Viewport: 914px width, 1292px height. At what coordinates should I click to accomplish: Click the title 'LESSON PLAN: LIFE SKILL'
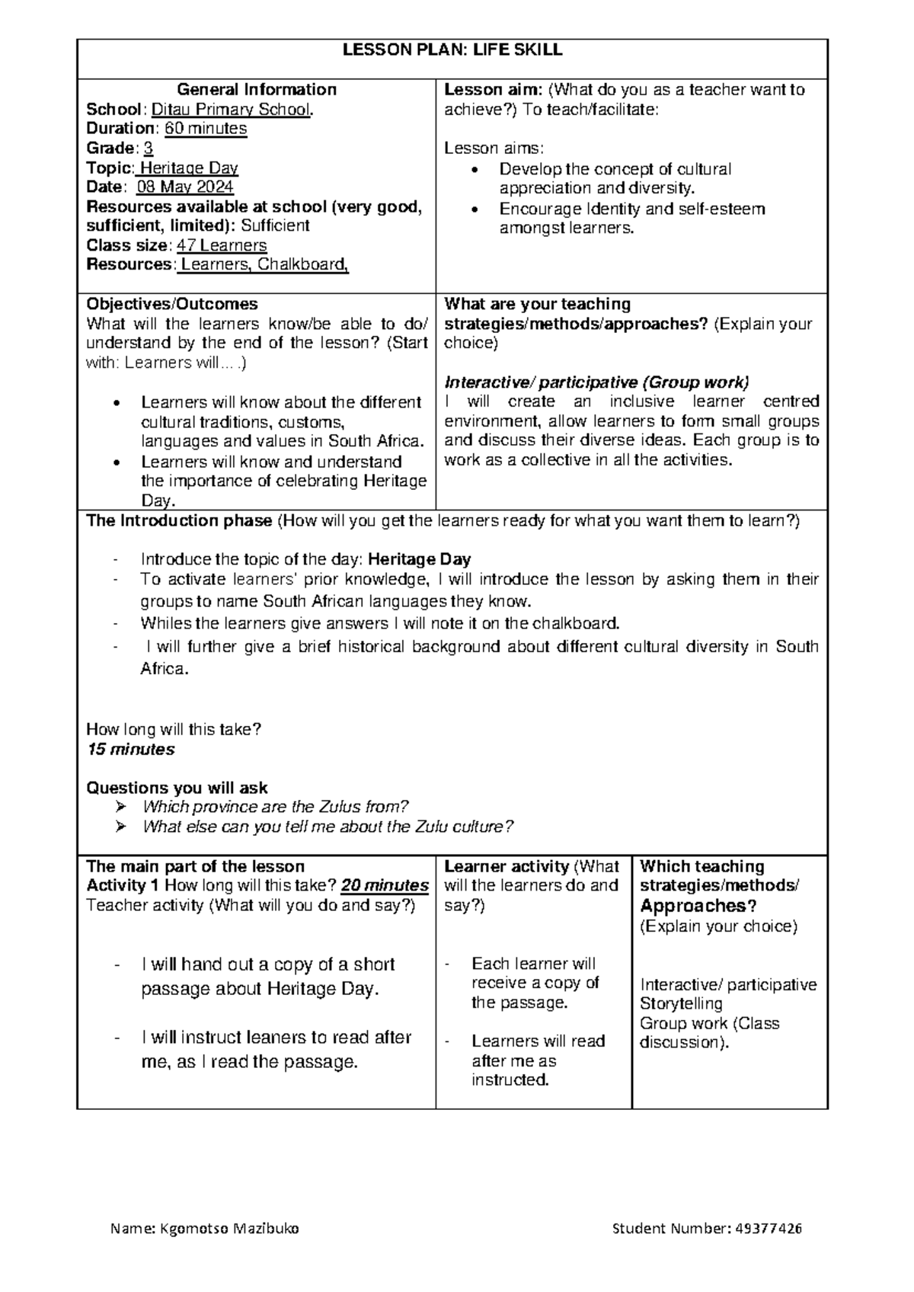pos(452,51)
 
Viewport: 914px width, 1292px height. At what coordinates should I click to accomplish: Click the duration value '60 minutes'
pos(206,129)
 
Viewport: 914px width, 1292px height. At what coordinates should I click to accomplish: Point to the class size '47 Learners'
pos(222,245)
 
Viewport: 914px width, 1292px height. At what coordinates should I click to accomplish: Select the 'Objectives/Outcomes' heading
pos(172,304)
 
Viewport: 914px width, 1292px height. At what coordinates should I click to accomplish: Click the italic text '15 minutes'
pos(131,750)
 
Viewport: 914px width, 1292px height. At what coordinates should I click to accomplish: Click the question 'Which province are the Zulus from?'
pos(276,807)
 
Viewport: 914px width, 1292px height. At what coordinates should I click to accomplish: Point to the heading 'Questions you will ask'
pos(177,788)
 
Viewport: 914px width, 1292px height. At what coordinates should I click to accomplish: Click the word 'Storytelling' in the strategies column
pos(681,1004)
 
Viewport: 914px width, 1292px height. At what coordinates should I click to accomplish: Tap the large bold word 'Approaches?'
pos(698,907)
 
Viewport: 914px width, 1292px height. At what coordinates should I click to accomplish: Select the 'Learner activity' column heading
pos(507,867)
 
